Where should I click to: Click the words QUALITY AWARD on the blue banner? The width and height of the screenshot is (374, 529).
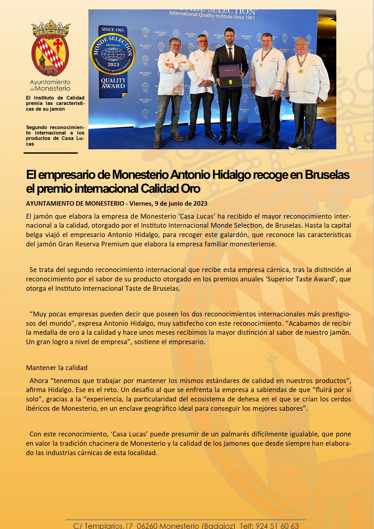coord(113,83)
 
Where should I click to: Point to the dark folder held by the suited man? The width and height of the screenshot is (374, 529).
coord(230,75)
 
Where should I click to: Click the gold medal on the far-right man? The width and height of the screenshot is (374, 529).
coord(300,71)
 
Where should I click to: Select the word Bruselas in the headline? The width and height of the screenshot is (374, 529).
coord(327,175)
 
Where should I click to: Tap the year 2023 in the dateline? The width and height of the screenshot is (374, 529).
coord(200,204)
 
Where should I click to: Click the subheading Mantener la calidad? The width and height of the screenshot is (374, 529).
coord(57,368)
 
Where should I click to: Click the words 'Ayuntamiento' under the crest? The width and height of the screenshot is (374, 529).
coord(50,82)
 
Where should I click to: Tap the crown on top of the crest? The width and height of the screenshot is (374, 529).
coord(51,28)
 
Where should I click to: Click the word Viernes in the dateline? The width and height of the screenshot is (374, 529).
coord(140,204)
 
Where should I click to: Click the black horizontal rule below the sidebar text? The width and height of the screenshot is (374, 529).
coord(51,153)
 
